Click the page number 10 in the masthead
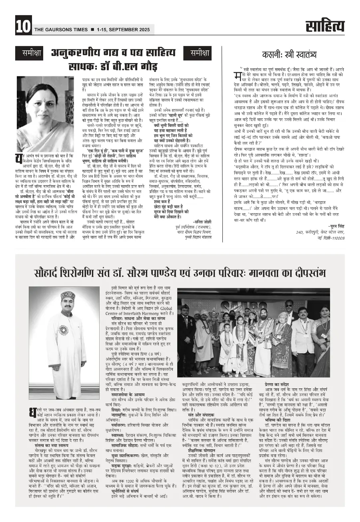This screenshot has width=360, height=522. pyautogui.click(x=22, y=26)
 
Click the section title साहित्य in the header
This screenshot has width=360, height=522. pyautogui.click(x=325, y=26)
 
